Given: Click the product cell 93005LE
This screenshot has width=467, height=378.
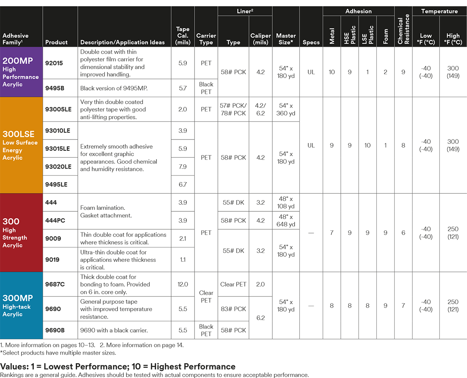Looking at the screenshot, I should [x=59, y=110].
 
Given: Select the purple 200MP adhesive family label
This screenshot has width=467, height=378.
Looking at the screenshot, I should [x=21, y=72].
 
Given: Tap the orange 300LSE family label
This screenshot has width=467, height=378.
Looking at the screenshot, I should [x=21, y=145].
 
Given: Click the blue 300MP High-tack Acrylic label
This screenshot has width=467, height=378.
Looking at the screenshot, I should [x=21, y=305].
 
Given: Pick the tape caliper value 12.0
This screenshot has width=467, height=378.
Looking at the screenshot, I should [x=183, y=284].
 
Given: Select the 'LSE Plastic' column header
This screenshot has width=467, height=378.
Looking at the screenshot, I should [x=367, y=35].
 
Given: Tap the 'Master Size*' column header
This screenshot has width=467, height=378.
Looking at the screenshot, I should [x=286, y=39].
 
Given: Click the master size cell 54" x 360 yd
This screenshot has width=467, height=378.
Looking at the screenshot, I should [x=286, y=110].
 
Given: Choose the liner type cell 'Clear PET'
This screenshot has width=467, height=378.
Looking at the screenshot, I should [x=233, y=284].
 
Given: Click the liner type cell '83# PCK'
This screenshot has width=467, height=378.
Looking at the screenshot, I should [x=233, y=309].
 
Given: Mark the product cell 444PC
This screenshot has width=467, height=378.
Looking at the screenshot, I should [x=55, y=221].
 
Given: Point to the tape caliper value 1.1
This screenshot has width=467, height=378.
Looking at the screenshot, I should [x=183, y=260].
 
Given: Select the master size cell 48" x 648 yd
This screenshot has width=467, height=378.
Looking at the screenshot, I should [x=286, y=221].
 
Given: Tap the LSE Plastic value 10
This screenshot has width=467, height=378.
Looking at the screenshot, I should [x=367, y=146].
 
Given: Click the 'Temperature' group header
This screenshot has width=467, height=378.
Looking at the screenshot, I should [x=439, y=11].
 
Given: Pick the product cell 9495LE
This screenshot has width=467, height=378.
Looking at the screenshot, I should [x=57, y=185].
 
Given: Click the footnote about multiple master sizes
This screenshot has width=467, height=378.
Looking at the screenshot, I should [x=58, y=353].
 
